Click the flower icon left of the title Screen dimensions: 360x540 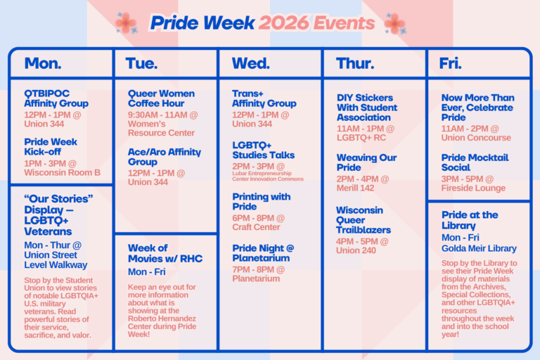click(126, 22)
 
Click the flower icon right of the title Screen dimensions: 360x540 click(394, 23)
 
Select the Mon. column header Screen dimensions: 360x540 click(43, 63)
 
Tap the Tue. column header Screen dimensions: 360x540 click(141, 63)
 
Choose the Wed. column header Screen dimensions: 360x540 click(250, 63)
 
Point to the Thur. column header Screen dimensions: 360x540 click(355, 63)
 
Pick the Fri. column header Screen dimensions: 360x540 click(451, 63)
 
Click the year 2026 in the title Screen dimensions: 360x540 click(285, 22)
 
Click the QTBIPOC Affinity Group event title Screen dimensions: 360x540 click(56, 98)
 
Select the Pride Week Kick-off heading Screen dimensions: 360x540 click(51, 146)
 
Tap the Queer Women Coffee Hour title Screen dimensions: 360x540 click(161, 98)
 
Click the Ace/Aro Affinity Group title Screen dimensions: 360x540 click(164, 156)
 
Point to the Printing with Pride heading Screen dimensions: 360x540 click(261, 202)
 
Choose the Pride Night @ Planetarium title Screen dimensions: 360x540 click(263, 252)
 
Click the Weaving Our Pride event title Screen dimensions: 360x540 click(366, 162)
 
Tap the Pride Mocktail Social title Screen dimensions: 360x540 click(475, 162)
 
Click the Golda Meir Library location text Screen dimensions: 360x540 click(479, 248)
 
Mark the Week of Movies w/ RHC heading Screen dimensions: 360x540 click(165, 253)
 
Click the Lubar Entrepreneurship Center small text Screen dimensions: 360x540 click(268, 176)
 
